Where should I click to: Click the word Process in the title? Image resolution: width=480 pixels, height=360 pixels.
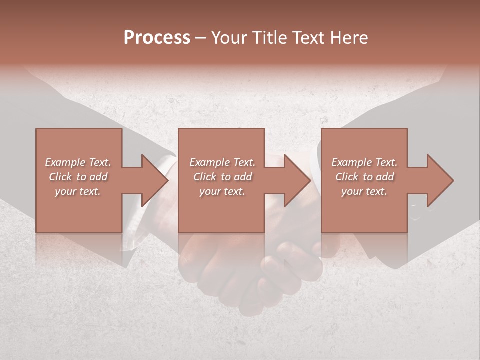click(157, 38)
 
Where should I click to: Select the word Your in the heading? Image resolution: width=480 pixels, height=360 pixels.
click(228, 38)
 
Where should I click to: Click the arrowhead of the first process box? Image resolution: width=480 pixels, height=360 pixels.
click(155, 180)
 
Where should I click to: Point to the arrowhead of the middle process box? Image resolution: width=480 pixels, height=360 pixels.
click(297, 180)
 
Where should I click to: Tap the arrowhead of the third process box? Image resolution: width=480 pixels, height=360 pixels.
click(440, 180)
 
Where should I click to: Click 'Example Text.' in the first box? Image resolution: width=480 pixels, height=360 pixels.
click(78, 162)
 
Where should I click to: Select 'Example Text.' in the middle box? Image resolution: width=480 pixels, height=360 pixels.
click(222, 162)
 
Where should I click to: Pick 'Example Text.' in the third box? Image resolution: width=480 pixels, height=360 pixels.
click(364, 162)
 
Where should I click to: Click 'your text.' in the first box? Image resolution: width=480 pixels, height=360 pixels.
click(78, 191)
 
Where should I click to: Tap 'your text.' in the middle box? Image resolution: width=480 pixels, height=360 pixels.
click(222, 191)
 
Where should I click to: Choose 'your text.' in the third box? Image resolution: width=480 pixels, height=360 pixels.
click(364, 191)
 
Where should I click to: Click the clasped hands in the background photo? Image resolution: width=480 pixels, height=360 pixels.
click(250, 270)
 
